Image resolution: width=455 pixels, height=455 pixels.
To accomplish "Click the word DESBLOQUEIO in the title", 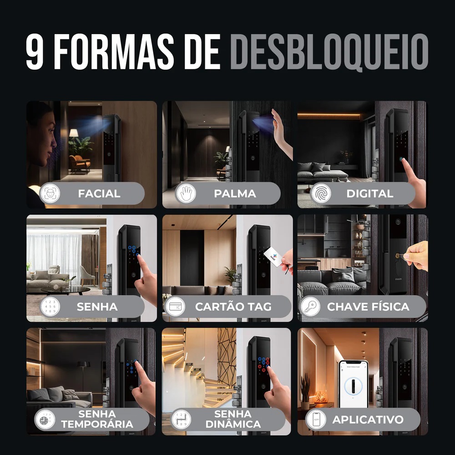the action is coord(329,52).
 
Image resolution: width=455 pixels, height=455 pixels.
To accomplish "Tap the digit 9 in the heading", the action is coord(35,52).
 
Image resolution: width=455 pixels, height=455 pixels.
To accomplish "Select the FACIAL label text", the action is coord(99,193).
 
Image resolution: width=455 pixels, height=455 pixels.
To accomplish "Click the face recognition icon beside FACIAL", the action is coord(50,193).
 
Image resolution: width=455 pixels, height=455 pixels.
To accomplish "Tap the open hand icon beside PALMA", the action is coord(186,193).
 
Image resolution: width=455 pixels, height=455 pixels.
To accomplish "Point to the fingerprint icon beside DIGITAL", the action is coord(321,193).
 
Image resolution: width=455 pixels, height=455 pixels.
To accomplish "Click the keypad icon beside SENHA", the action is coord(50,306).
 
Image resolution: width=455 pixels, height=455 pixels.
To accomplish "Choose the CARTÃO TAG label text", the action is coord(233,307).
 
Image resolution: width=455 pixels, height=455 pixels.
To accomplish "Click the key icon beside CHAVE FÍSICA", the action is coord(310,306).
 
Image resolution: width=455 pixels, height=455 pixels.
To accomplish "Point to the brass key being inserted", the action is coord(402,256).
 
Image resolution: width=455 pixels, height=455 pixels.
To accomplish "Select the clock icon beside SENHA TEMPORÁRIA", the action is coord(45,420).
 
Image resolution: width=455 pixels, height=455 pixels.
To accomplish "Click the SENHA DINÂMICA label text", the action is coord(233,419).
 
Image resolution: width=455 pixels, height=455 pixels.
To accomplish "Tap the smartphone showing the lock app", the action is coord(354,384).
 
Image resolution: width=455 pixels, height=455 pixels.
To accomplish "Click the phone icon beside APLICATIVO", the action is coord(316,420).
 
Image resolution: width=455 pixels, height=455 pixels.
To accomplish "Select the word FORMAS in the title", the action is coord(114,52).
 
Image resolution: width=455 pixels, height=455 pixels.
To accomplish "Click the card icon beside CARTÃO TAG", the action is coord(175,306).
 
